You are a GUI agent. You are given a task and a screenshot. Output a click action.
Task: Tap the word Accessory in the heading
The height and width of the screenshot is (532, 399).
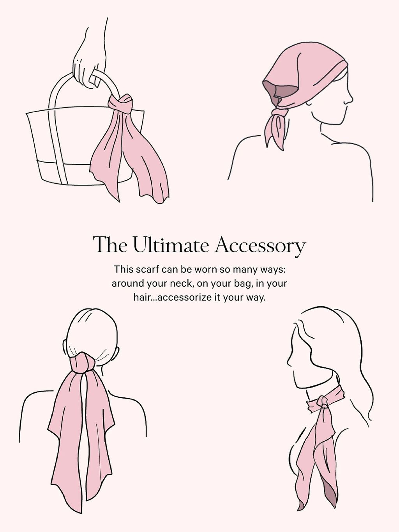click(260, 246)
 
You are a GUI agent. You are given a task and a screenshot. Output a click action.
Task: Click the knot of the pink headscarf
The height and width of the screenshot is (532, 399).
click(280, 113)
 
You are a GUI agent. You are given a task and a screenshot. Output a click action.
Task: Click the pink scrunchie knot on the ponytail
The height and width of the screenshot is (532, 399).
click(81, 364)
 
